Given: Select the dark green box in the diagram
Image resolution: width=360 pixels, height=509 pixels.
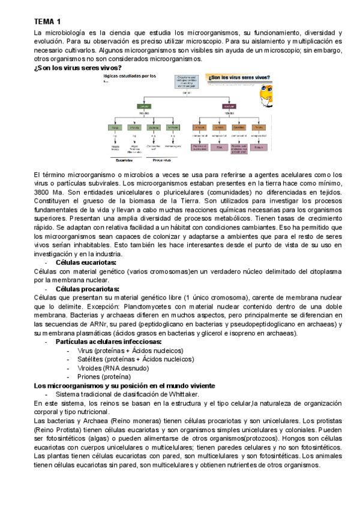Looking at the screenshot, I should pyautogui.click(x=144, y=106).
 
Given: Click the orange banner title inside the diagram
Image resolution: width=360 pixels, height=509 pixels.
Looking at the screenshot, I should pyautogui.click(x=239, y=78).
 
